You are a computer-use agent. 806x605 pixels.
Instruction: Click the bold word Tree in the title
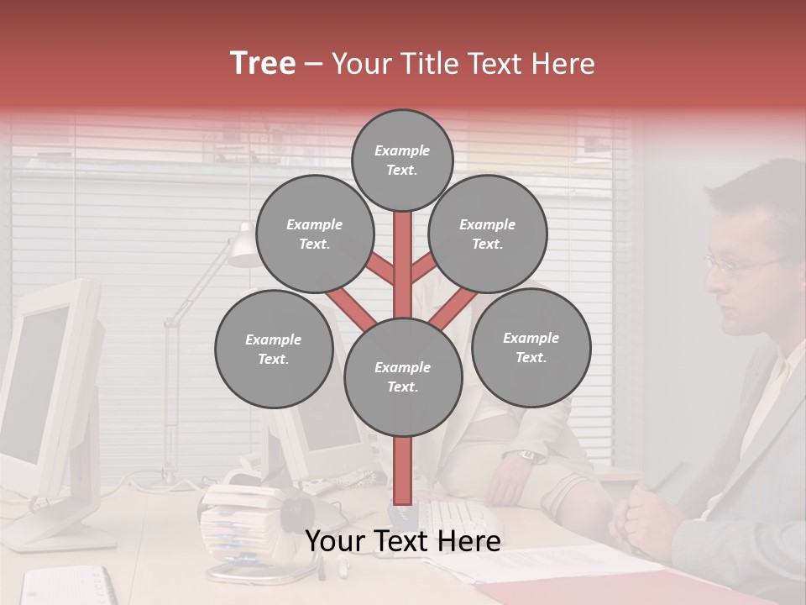coord(263,63)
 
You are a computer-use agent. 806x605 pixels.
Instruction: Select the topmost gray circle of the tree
coord(402,160)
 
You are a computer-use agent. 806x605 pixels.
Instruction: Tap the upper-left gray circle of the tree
coord(315,234)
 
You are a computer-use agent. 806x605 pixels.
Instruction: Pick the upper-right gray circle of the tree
coord(488,234)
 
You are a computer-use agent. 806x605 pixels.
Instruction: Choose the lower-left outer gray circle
coord(274,349)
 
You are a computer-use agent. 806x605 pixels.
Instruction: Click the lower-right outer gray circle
coord(531,347)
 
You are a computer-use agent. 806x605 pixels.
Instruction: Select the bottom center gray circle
coord(403,377)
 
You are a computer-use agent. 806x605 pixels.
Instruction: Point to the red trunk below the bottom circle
coord(403,471)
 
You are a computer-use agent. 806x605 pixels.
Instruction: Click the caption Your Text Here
coord(403,541)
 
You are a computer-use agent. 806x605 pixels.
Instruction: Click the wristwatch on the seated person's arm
coord(526,455)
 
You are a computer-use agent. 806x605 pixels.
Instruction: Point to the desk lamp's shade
coord(244,249)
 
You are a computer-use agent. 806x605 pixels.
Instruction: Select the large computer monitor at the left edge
coord(46,395)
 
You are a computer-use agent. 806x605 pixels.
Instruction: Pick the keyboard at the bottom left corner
coord(67,586)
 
